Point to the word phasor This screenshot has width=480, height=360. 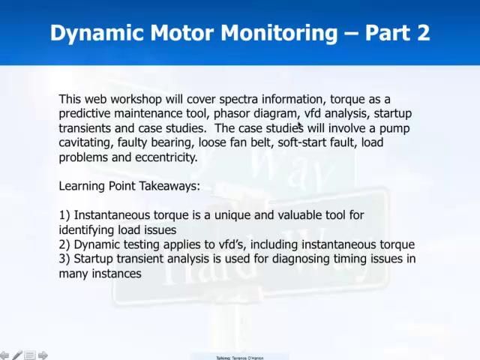(232, 113)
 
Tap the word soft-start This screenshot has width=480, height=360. (304, 142)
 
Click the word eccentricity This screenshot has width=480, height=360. (166, 157)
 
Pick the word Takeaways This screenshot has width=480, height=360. (168, 186)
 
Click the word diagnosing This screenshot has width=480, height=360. (310, 259)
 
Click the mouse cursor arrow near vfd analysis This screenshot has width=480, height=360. (300, 127)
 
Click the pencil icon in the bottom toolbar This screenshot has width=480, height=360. (16, 355)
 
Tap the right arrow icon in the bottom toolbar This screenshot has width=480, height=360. (43, 355)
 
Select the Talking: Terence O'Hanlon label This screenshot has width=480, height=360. (240, 358)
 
